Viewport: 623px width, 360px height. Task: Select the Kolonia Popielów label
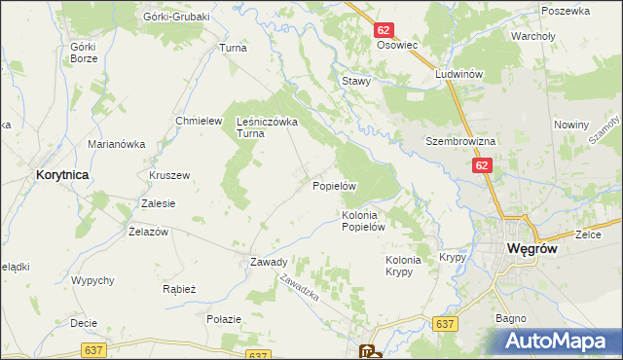[x=365, y=221]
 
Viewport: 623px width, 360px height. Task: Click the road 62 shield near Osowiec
[x=384, y=31]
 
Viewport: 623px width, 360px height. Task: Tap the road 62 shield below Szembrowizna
[x=483, y=166]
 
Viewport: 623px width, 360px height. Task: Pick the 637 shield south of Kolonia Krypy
[x=446, y=324]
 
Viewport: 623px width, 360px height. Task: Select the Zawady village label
[x=269, y=262]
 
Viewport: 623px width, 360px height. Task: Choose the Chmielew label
[x=194, y=121]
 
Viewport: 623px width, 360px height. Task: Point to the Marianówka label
[x=116, y=144]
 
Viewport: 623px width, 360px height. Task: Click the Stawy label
[x=356, y=81]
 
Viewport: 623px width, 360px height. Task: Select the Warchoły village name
[x=533, y=36]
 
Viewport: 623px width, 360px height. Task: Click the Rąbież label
[x=180, y=289]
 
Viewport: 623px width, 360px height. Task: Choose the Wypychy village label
[x=93, y=280]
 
